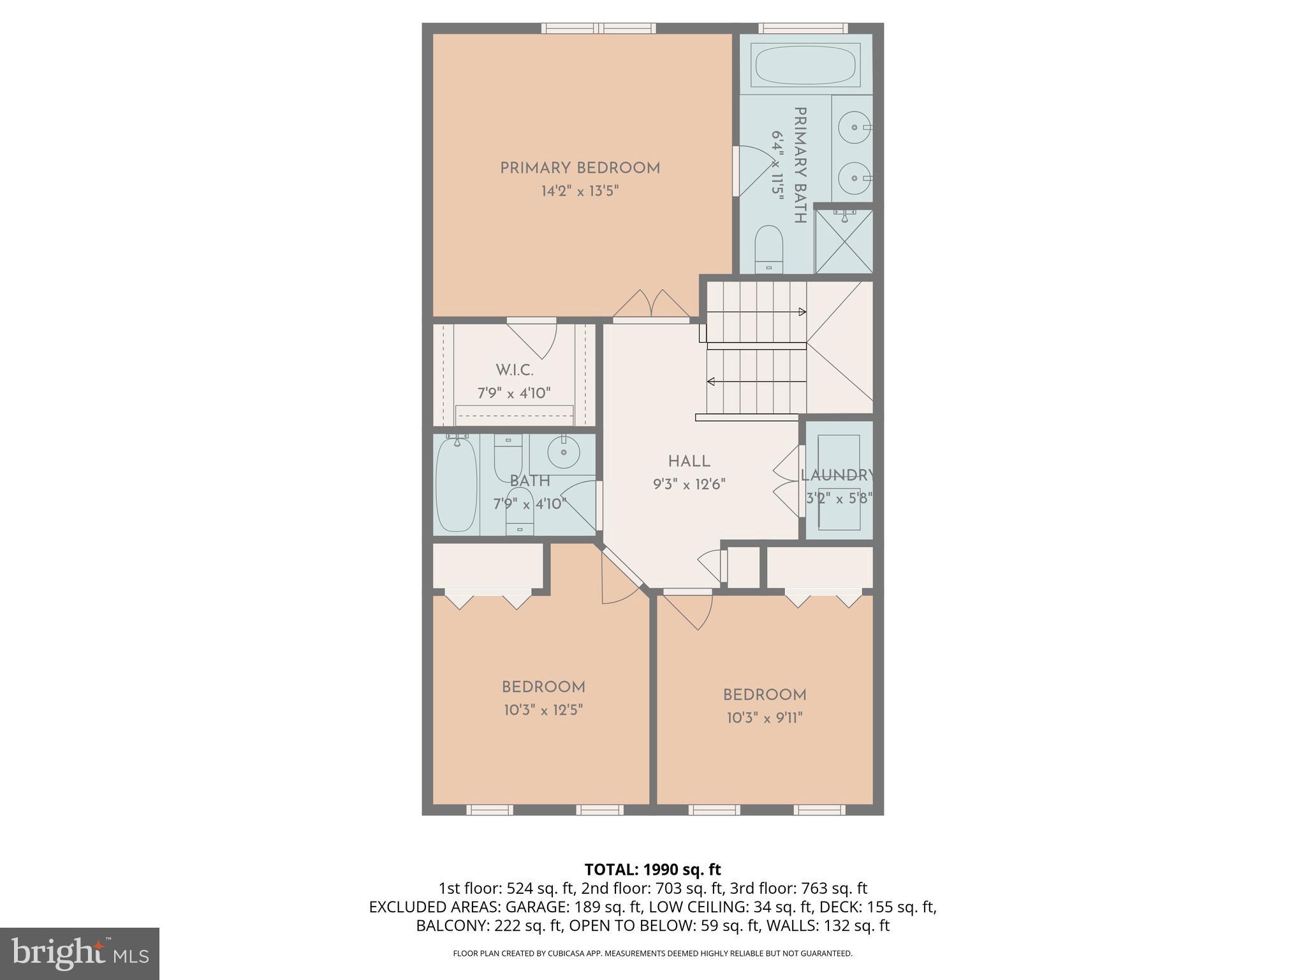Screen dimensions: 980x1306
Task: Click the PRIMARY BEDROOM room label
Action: point(580,168)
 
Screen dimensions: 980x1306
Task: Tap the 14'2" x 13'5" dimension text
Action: point(580,191)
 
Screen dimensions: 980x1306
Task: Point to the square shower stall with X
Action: point(844,242)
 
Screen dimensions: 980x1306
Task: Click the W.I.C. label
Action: point(514,370)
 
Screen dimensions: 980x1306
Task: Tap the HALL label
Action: point(689,461)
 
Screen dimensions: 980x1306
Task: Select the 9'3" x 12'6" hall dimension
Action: point(689,484)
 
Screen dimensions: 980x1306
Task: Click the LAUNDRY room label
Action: point(837,475)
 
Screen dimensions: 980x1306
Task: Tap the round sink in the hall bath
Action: point(563,453)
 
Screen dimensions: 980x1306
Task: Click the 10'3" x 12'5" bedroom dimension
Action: point(543,710)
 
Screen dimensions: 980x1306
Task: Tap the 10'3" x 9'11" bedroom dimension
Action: point(764,718)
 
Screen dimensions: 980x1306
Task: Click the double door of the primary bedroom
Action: point(651,304)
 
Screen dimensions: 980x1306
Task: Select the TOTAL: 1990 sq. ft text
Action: point(652,870)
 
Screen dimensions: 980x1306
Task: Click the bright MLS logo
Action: point(80,953)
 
